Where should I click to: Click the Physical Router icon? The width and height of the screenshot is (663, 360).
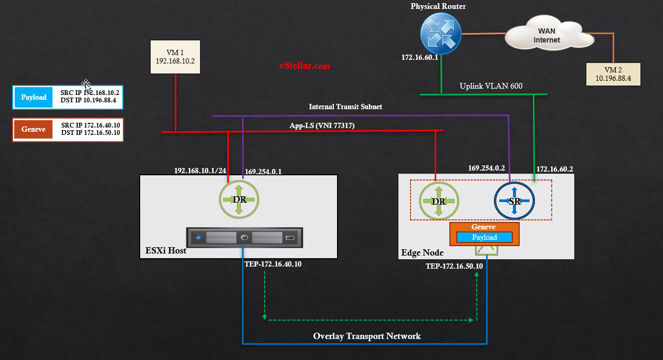[x=441, y=33]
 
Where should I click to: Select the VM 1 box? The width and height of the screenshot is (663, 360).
[x=175, y=57]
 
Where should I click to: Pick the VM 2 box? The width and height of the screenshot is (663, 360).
[x=613, y=74]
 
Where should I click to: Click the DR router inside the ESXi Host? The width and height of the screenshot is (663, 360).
[x=239, y=199]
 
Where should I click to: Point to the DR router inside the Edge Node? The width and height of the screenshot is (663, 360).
[x=439, y=201]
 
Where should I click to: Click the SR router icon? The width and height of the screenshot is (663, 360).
[x=514, y=201]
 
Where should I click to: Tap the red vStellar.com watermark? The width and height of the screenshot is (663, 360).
[x=304, y=66]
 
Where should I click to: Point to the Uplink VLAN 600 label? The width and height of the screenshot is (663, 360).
[x=491, y=86]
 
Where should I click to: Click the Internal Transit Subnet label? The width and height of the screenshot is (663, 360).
[x=345, y=107]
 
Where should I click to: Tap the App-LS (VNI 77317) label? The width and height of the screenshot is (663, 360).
[x=322, y=125]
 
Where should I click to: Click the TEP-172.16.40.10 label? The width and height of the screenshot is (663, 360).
[x=273, y=264]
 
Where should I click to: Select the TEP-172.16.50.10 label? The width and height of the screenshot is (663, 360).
[x=454, y=266]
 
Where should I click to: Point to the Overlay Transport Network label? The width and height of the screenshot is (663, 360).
[x=367, y=336]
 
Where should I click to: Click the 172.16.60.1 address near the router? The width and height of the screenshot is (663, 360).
[x=420, y=57]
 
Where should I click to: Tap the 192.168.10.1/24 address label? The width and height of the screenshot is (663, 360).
[x=200, y=171]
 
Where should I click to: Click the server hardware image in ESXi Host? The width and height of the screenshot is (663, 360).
[x=245, y=238]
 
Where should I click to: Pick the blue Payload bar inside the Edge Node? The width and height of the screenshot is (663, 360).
[x=485, y=237]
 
